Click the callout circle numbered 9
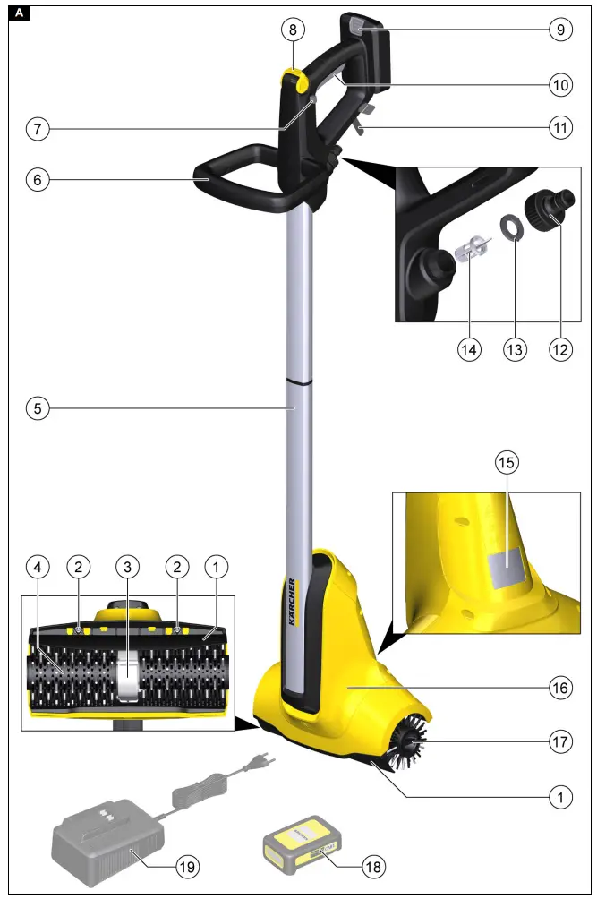click(x=560, y=29)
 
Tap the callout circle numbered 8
click(x=292, y=29)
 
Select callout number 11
click(x=560, y=128)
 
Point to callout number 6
click(x=37, y=178)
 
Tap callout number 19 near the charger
click(x=187, y=866)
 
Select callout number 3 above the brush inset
click(x=128, y=566)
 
